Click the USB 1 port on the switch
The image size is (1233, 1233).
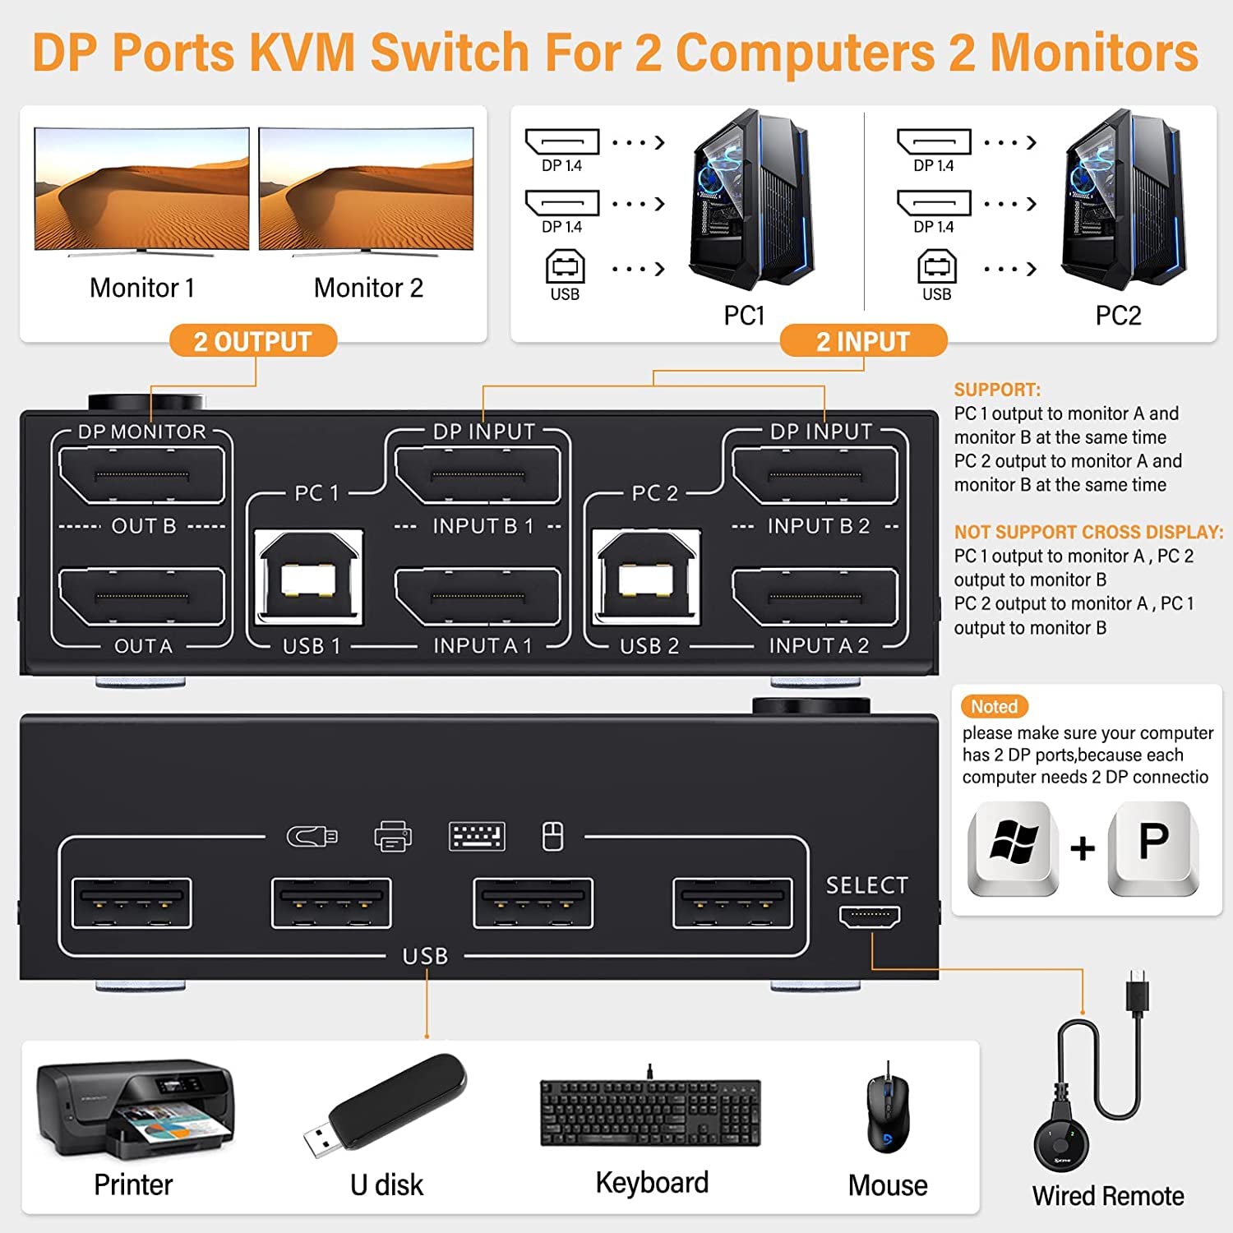pyautogui.click(x=309, y=578)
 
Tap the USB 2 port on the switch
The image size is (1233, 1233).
pyautogui.click(x=647, y=578)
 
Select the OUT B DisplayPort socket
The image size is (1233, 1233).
pyautogui.click(x=141, y=475)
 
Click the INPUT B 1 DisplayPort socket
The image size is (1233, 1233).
pyautogui.click(x=478, y=475)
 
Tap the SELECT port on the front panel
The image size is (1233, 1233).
pyautogui.click(x=870, y=915)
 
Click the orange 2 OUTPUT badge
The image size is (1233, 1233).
pyautogui.click(x=253, y=341)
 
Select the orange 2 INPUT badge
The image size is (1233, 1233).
pyautogui.click(x=863, y=341)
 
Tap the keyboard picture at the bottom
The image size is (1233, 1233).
pyautogui.click(x=650, y=1112)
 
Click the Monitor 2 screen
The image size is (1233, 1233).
pyautogui.click(x=367, y=189)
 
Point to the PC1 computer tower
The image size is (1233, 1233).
pyautogui.click(x=750, y=201)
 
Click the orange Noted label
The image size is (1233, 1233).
pyautogui.click(x=994, y=706)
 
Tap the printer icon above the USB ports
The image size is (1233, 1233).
pyautogui.click(x=393, y=837)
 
